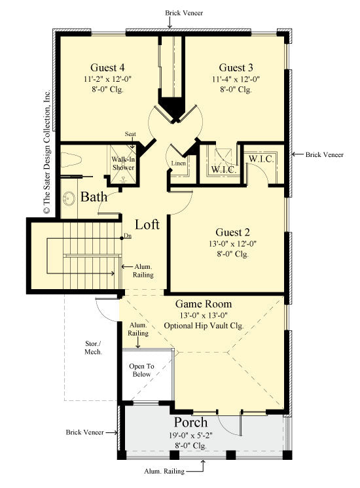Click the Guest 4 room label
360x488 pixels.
(108, 67)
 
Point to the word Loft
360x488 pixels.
(147, 224)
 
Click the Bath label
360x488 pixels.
(93, 196)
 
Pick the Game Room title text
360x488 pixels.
(203, 304)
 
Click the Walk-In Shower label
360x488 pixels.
(123, 164)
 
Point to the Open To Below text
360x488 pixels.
(140, 370)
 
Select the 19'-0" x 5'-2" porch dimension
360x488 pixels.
(190, 434)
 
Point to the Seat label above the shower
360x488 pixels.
(131, 134)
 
